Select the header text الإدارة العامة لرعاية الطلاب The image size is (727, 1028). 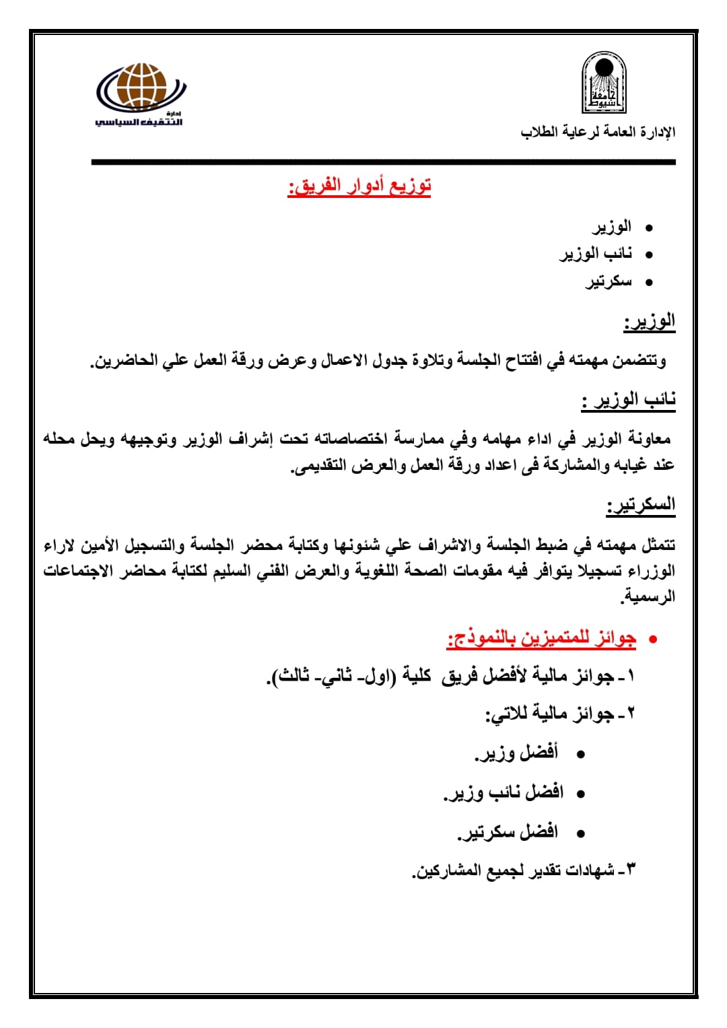tap(598, 132)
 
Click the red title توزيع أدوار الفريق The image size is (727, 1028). tap(359, 186)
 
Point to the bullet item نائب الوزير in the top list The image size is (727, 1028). tap(596, 254)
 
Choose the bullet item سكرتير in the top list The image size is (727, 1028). tap(609, 281)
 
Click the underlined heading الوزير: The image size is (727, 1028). tap(650, 321)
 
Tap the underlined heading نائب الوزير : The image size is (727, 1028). tap(629, 400)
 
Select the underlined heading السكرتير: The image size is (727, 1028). tap(641, 505)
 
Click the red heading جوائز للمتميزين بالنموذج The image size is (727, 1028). tap(541, 638)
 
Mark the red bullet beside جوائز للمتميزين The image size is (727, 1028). tap(652, 639)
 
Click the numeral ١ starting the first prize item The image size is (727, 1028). tap(631, 675)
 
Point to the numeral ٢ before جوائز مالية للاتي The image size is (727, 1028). tap(631, 714)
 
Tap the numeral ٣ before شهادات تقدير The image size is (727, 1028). tap(631, 870)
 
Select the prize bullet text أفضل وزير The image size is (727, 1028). tap(517, 753)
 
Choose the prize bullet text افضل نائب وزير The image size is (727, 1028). tap(504, 792)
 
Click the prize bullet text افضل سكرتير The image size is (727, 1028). tap(508, 832)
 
